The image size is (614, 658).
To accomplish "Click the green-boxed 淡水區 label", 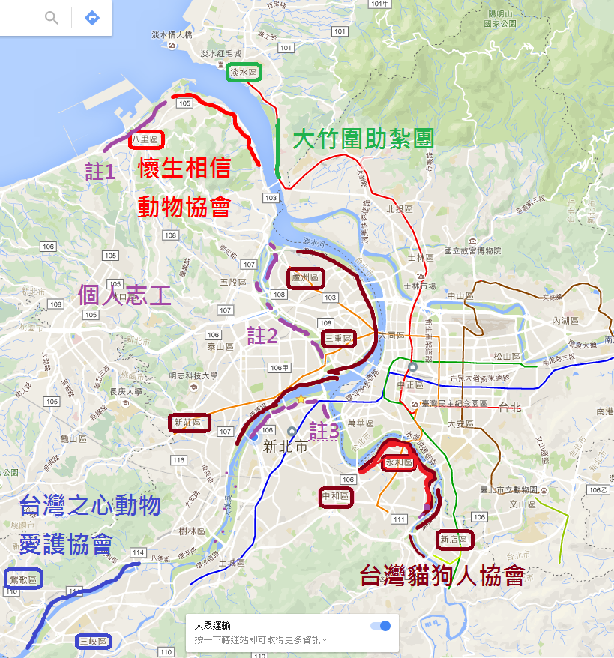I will click(244, 73).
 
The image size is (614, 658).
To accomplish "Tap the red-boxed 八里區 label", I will click(145, 139).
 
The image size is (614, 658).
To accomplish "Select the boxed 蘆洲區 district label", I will click(306, 278).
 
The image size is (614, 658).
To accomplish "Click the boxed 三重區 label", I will click(339, 339).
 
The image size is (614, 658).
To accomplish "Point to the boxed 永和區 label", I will click(399, 463).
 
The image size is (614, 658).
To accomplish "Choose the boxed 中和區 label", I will click(335, 496).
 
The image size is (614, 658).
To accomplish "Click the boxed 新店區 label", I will click(454, 539).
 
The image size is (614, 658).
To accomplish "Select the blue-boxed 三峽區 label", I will click(94, 641).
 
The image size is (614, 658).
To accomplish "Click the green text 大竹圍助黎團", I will click(363, 139).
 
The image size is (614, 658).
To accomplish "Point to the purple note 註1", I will click(100, 172).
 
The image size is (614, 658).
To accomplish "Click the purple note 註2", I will click(262, 335).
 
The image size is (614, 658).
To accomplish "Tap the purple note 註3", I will click(324, 430).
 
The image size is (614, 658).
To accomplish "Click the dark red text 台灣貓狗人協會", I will click(442, 576).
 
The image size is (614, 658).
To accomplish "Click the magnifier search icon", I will click(51, 17).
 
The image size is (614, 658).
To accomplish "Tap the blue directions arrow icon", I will click(92, 17).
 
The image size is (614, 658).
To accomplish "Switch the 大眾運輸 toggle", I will click(381, 626).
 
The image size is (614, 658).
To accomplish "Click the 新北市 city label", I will click(286, 447).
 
